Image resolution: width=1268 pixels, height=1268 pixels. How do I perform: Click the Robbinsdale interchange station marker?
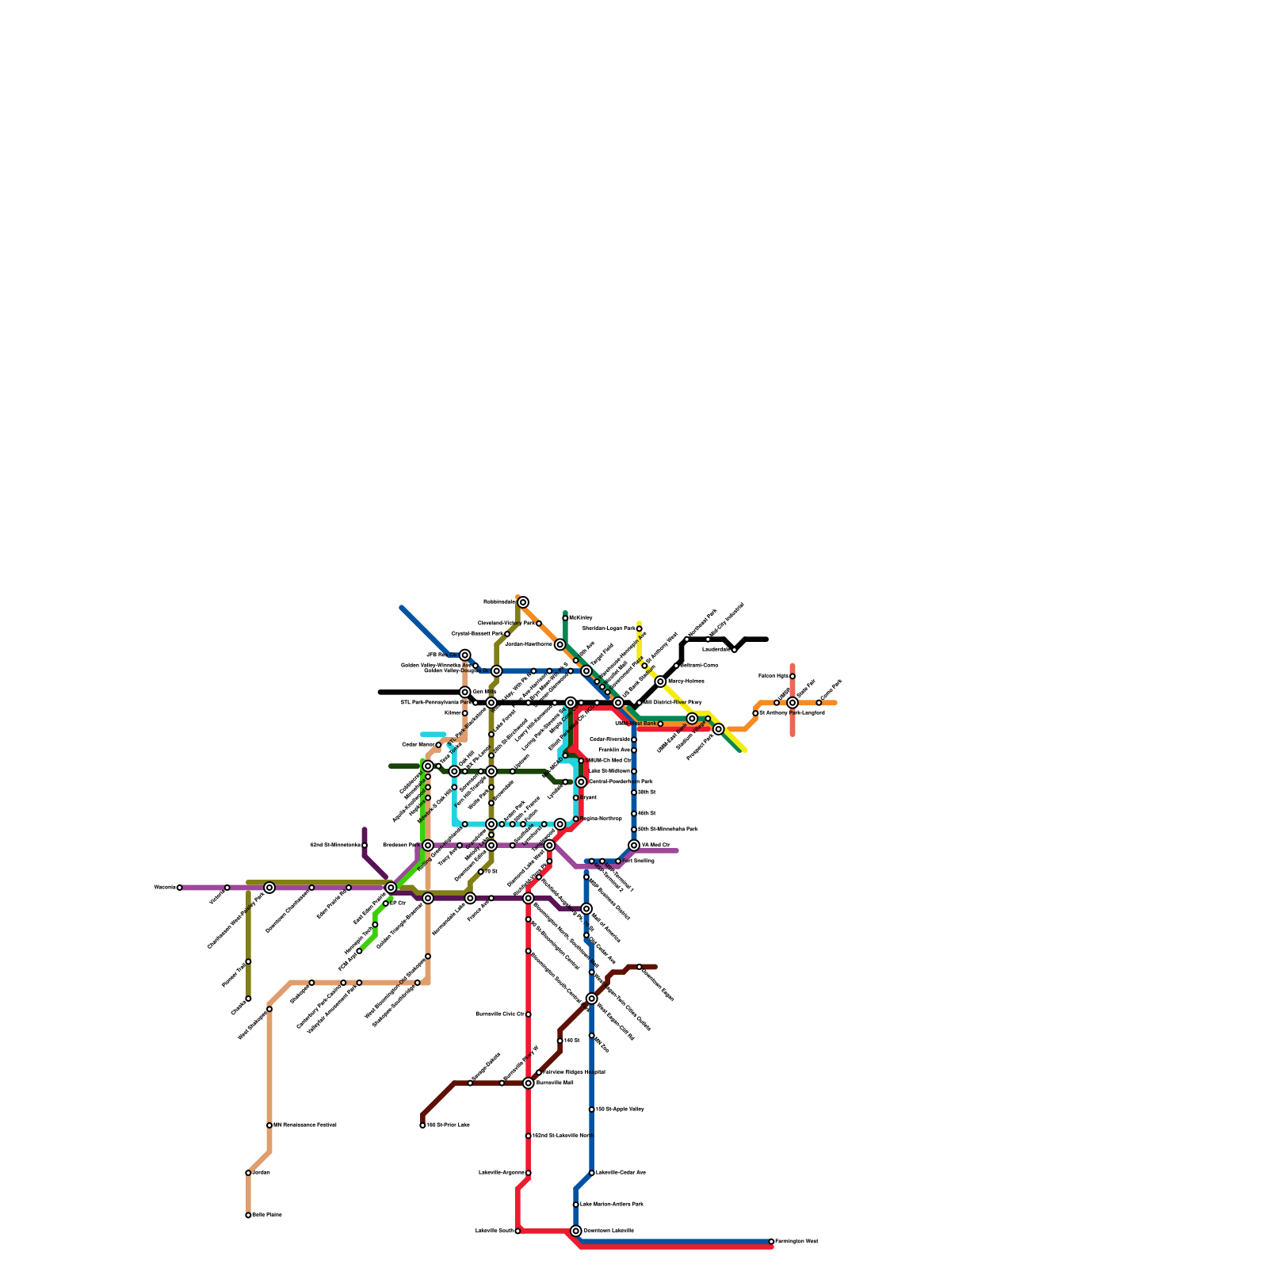523,602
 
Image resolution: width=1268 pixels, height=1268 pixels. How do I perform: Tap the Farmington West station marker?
771,1241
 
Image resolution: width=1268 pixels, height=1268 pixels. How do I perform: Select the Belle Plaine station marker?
248,1215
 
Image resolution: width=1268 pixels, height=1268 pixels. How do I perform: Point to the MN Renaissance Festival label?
305,1125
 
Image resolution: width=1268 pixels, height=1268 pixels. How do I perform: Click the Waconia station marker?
180,888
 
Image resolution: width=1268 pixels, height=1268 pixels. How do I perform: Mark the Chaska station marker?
248,999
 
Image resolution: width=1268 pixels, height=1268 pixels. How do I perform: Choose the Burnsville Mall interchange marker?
529,1083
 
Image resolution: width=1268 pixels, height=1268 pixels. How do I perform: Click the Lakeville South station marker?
518,1231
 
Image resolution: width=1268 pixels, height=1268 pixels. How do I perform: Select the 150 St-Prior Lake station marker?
422,1125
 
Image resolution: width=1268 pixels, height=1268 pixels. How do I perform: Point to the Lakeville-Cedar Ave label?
621,1172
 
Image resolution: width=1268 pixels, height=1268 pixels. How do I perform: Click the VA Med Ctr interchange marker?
634,846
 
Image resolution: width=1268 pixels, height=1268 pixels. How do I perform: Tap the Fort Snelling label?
639,861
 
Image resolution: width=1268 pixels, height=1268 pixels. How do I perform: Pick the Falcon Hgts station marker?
792,676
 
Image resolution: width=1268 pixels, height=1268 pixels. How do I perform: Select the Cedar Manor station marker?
438,745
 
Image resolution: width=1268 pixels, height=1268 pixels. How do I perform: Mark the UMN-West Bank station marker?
660,724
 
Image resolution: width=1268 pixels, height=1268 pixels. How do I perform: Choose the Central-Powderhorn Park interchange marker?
581,782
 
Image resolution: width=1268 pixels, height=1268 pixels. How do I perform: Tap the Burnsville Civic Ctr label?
499,1014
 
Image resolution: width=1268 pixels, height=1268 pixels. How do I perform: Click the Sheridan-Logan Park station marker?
639,628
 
